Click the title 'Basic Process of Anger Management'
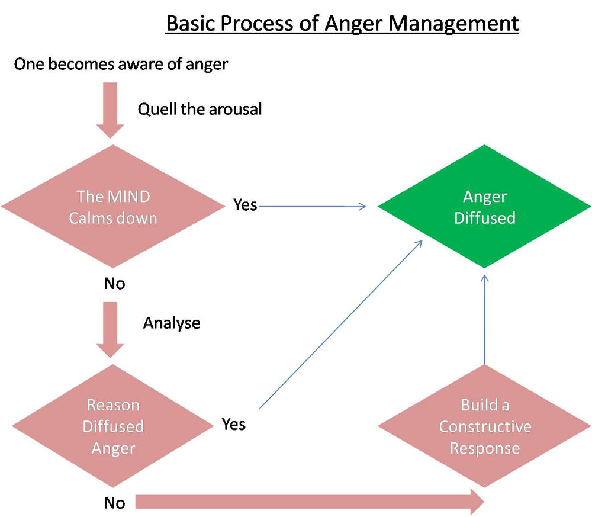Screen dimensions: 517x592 [x=342, y=24]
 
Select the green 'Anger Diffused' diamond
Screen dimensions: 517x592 [x=484, y=207]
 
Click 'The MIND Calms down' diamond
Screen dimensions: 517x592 [x=112, y=207]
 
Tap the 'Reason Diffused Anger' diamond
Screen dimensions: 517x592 [x=112, y=426]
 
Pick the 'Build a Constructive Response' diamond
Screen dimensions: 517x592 [x=484, y=426]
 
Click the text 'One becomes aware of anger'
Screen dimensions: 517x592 [x=121, y=64]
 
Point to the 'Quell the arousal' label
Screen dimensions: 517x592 [x=200, y=109]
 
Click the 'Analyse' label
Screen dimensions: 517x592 [x=172, y=323]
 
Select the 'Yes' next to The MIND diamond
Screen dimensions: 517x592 [x=245, y=205]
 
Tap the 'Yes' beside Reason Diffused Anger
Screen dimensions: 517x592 [x=234, y=424]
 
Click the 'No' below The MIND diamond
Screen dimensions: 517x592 [x=114, y=284]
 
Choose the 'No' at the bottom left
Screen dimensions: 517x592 [x=114, y=503]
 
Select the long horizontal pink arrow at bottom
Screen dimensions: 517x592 [x=308, y=502]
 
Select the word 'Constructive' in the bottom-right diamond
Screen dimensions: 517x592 [x=485, y=427]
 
